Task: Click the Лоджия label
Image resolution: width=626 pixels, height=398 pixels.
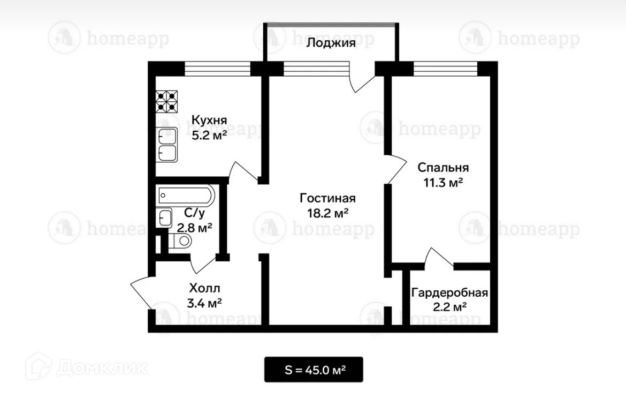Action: pos(331,43)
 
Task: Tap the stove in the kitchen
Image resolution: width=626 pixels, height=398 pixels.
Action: pos(166,101)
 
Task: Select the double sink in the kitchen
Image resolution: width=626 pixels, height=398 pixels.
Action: pos(167,145)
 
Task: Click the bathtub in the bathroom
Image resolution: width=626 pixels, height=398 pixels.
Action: pos(186,196)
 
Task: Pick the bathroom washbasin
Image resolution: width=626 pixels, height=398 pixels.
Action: pos(164,218)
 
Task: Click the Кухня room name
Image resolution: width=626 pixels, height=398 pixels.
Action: pos(209,120)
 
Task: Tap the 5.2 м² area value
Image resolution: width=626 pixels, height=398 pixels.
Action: pos(209,136)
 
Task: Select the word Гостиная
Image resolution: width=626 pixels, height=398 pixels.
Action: pos(327,198)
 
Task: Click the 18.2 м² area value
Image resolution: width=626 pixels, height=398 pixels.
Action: pos(327,213)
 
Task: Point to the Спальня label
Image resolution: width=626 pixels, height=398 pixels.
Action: pos(443,168)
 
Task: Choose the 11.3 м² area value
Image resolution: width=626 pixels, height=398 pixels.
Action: pos(443,183)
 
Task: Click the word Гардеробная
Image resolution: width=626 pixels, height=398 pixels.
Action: pos(449,293)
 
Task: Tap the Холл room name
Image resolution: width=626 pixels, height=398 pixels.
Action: pos(204,288)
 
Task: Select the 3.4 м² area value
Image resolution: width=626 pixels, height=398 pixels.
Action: pos(204,303)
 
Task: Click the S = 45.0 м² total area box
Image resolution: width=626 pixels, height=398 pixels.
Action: pos(314,370)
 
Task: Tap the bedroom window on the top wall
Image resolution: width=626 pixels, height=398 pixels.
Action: pos(446,69)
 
